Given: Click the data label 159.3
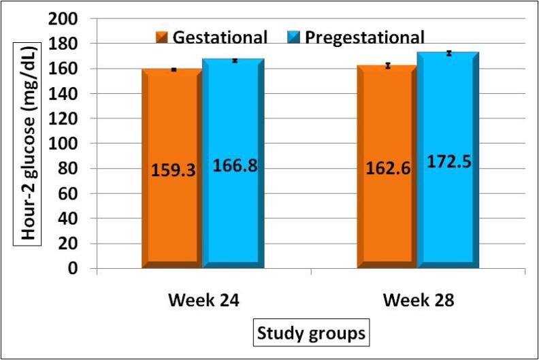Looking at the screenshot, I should coord(174,170).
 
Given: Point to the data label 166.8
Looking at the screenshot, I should coord(235,165).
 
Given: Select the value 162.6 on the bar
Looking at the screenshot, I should coord(387,168).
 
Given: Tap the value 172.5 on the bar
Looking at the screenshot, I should coord(448,162).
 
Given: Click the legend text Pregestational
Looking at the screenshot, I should coord(365,37).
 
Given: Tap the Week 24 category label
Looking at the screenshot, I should coord(203,300).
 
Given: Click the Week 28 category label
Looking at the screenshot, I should coord(418,300).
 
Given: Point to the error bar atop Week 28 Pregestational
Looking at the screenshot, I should coord(449,53).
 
